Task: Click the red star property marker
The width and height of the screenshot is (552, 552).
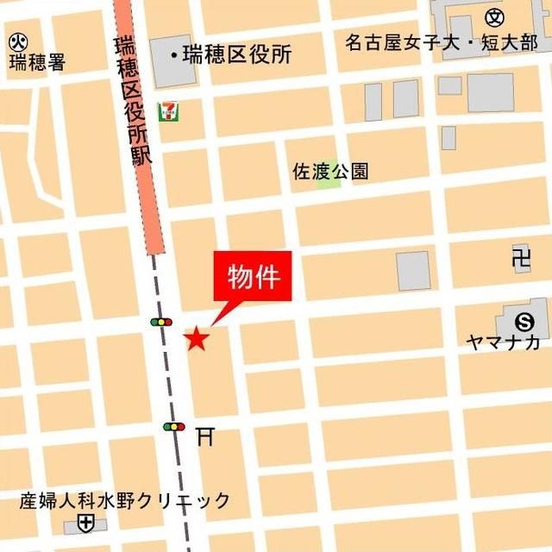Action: point(197,339)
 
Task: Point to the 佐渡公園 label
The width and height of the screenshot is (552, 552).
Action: point(330,171)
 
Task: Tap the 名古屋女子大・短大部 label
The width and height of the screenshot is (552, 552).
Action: point(441,42)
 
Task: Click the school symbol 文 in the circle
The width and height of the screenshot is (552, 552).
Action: point(494,16)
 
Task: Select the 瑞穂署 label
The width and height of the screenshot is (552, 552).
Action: point(37,62)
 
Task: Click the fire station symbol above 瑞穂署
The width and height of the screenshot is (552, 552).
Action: point(18,40)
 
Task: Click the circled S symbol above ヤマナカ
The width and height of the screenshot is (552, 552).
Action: point(524,321)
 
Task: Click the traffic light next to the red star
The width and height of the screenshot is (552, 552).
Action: point(161,322)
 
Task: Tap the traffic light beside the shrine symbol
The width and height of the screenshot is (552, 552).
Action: point(174,426)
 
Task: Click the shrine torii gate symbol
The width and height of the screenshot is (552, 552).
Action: point(204,437)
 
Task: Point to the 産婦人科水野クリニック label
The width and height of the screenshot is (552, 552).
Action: point(126,501)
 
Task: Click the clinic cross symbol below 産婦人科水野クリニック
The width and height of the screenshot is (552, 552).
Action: point(85,523)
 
